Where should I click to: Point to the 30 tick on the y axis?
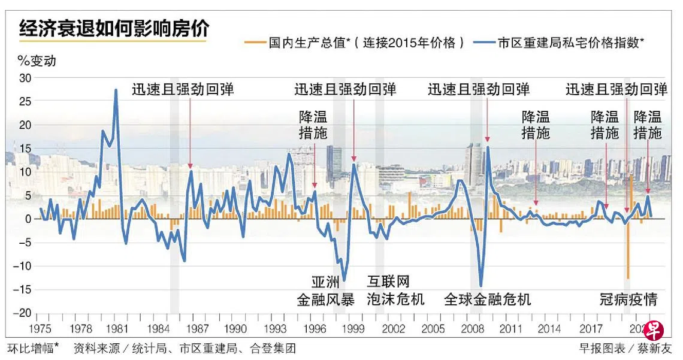(x=25, y=77)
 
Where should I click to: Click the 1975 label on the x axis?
(x=41, y=328)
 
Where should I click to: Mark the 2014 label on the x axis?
(x=549, y=328)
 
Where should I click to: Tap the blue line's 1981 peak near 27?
(x=116, y=90)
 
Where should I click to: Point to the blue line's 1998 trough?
(x=344, y=280)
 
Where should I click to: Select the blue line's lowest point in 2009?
(x=481, y=286)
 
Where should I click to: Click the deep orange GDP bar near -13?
(x=628, y=278)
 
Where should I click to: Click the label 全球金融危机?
(x=488, y=299)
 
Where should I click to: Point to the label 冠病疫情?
(x=629, y=299)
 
